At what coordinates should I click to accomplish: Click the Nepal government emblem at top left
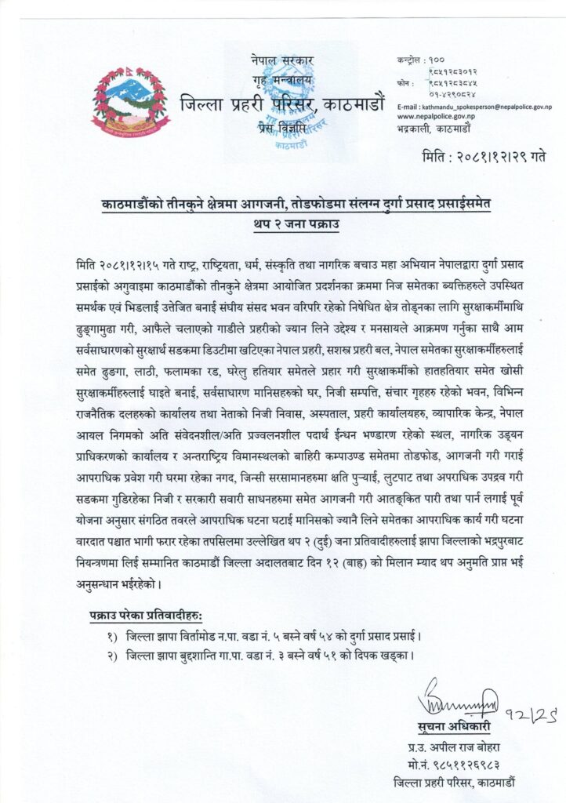pos(130,103)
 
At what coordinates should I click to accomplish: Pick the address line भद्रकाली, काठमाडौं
pos(434,126)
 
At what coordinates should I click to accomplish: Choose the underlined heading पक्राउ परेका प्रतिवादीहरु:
pos(141,610)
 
